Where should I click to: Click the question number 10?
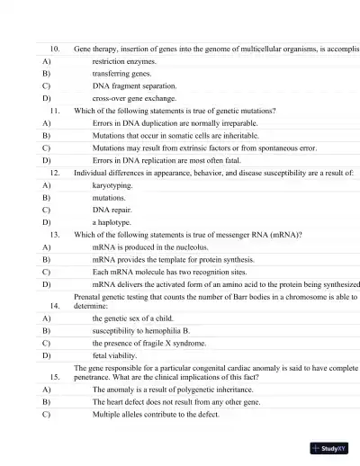[x=54, y=48]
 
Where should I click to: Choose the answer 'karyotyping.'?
[x=112, y=184]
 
